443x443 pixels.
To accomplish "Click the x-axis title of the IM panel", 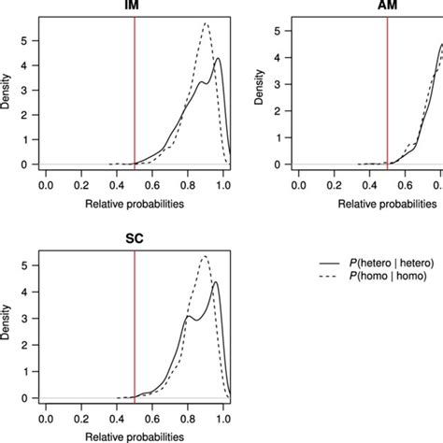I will click(x=134, y=202).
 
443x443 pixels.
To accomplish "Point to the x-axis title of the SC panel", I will click(x=134, y=435).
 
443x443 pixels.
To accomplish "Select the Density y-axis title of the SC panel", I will click(x=7, y=329).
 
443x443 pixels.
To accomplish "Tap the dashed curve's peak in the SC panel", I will click(x=206, y=256).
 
